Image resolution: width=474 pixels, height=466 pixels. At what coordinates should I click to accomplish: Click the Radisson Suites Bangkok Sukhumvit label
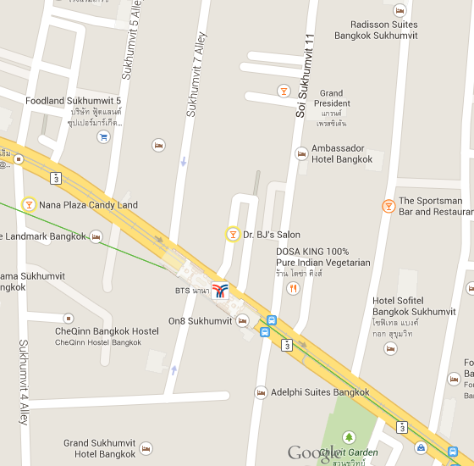coord(376,31)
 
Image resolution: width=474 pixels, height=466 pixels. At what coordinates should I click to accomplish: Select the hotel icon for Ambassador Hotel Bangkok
coord(300,153)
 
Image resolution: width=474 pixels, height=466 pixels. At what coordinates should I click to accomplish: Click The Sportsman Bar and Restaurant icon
coord(388,205)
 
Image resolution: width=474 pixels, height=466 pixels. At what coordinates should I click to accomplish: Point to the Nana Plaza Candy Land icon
coord(29,204)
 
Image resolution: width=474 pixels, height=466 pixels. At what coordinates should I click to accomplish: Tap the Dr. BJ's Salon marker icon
coord(232,234)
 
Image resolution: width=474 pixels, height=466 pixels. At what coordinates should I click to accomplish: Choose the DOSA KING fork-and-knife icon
coord(293,288)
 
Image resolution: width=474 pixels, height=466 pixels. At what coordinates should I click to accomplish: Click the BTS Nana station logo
coord(220,291)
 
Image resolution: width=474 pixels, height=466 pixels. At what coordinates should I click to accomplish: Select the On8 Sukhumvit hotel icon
coord(243,320)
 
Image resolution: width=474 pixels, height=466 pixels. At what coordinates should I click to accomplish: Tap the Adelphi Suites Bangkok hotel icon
coord(260,392)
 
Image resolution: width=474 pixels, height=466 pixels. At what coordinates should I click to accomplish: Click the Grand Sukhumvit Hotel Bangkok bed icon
coord(146,448)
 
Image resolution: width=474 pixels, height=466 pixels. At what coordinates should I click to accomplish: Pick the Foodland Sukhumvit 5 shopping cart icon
coord(103,136)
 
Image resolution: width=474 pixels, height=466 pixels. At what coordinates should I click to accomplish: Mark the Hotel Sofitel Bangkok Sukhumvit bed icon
coord(390,348)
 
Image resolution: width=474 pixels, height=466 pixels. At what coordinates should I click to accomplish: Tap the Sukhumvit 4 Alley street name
coord(24,381)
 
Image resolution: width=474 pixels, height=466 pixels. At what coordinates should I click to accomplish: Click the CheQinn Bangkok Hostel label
coord(107,330)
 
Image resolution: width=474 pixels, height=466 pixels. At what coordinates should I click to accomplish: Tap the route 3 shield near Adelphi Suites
coord(287,345)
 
